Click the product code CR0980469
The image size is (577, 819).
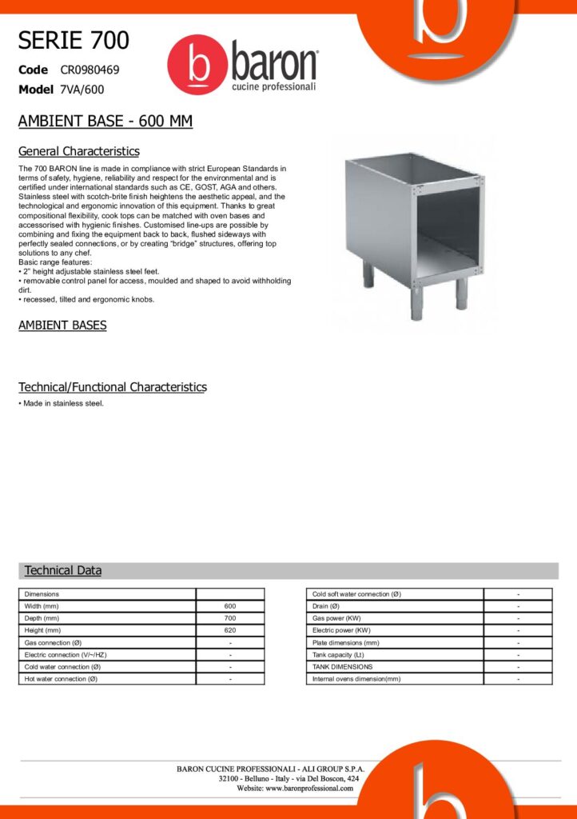click(x=90, y=70)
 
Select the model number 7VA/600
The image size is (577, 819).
click(x=82, y=90)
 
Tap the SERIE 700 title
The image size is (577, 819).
click(x=74, y=40)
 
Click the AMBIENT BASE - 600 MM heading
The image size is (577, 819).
click(x=105, y=122)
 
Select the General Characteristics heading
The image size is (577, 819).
click(x=78, y=151)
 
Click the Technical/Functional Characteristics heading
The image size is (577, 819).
click(x=112, y=387)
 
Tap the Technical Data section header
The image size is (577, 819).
click(x=63, y=570)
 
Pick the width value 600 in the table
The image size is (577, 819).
click(x=230, y=606)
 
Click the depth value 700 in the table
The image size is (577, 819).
click(x=230, y=618)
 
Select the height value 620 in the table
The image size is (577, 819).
click(x=230, y=630)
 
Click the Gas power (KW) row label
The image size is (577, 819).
click(x=336, y=618)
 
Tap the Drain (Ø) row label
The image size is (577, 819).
click(x=328, y=606)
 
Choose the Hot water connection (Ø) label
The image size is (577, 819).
click(x=61, y=679)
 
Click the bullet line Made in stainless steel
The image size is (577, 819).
click(x=63, y=403)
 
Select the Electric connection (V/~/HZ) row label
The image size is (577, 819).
click(x=66, y=654)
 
